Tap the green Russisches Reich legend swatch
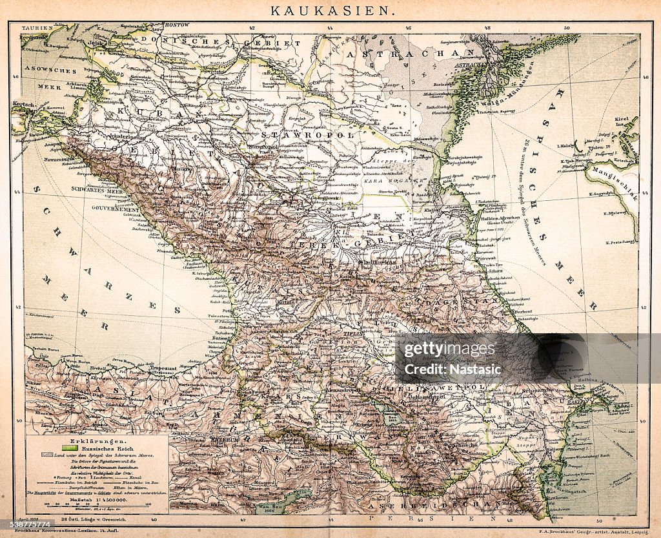point(70,446)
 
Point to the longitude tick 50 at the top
point(566,28)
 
